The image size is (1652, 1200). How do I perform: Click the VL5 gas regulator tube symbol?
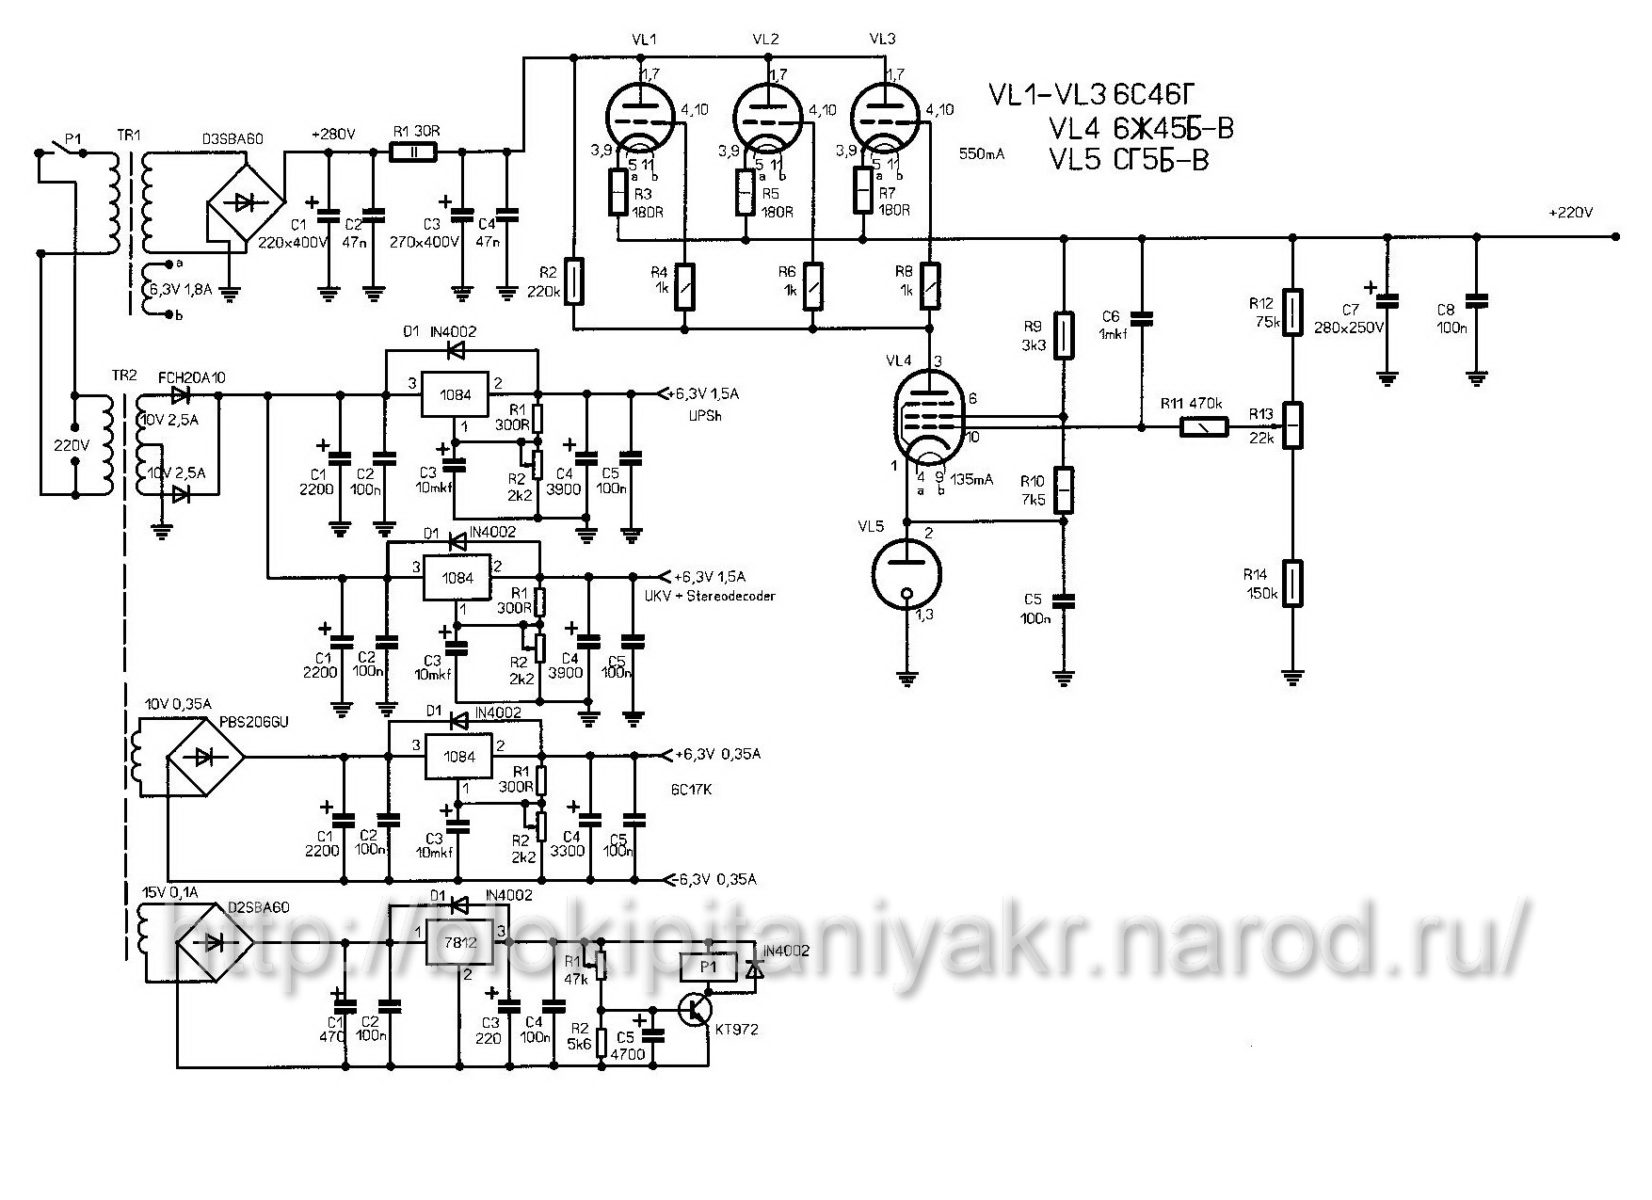(907, 575)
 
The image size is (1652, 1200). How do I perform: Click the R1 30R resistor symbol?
(413, 152)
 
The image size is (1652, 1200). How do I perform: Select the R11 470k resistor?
(1205, 428)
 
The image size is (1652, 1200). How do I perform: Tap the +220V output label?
(1570, 213)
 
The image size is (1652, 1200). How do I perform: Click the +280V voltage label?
(332, 135)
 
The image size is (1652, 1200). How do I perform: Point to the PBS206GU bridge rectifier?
(205, 756)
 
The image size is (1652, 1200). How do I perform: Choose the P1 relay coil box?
(707, 965)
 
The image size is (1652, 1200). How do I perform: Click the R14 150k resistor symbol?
(1293, 583)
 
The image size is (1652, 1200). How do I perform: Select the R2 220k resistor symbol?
(573, 280)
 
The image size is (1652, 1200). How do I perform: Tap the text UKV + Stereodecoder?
(710, 596)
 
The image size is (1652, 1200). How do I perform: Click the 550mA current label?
(980, 152)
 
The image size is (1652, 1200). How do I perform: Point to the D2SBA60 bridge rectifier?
(215, 941)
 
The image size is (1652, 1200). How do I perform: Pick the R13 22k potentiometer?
(1293, 424)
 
